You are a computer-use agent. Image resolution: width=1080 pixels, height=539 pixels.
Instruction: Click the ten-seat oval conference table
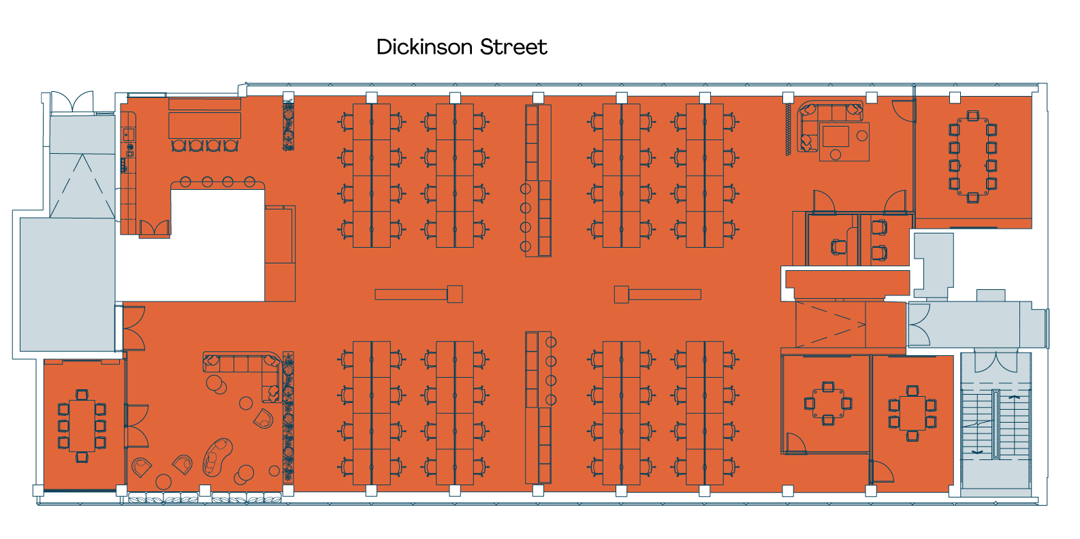tap(973, 157)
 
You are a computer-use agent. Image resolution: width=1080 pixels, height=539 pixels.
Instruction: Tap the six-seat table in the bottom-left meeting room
tap(82, 425)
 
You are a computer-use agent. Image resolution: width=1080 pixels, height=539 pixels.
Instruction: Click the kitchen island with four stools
tap(204, 125)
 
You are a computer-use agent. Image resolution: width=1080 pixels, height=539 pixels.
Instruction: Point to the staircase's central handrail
tap(995, 425)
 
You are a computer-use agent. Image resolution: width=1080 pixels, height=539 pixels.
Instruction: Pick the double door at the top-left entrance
tap(72, 103)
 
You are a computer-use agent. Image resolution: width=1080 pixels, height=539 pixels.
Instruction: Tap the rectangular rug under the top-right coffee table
tap(844, 142)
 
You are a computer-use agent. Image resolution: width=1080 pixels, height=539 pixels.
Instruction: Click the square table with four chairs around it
tap(828, 403)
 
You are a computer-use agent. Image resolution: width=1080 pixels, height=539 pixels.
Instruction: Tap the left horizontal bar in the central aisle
tap(411, 294)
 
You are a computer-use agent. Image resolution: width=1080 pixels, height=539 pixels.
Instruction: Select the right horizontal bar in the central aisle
tap(665, 294)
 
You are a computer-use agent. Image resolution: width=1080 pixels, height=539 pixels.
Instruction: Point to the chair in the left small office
tap(838, 246)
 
